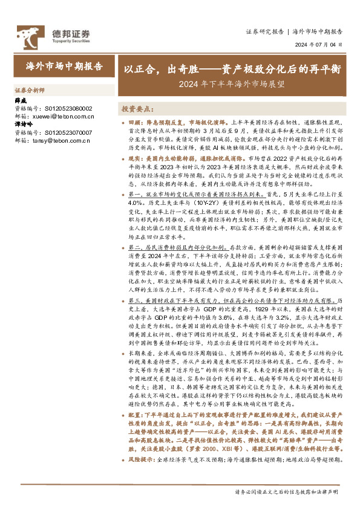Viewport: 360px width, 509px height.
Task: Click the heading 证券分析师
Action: [x=29, y=89]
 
